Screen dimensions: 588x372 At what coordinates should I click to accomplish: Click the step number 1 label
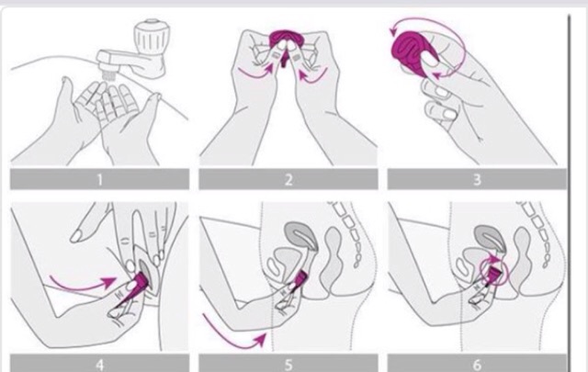coord(99,180)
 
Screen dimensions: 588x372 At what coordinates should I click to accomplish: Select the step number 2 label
coord(288,180)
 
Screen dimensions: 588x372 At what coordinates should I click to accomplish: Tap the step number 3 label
coord(477,180)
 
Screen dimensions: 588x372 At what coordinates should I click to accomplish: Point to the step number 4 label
coord(99,365)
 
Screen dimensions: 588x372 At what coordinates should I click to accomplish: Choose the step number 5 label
coord(288,365)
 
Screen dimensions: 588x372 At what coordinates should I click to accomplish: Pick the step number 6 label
coord(477,365)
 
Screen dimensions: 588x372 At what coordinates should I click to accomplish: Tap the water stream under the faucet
coord(108,74)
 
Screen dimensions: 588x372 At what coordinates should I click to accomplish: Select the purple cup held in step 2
coord(287,42)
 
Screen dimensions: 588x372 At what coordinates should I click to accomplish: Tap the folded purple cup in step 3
coord(412,48)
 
